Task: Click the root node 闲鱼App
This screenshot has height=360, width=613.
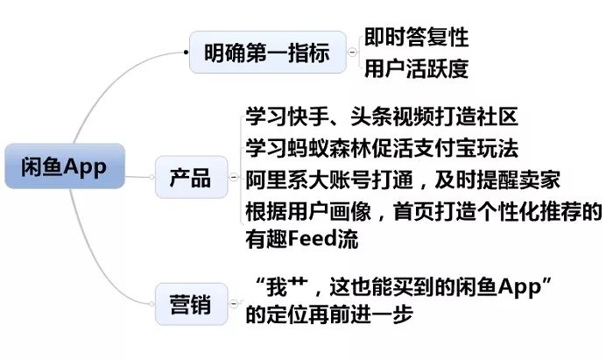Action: [65, 166]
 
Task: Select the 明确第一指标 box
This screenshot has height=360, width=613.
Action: [268, 52]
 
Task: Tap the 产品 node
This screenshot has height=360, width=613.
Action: [191, 177]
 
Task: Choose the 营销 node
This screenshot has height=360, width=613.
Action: [191, 304]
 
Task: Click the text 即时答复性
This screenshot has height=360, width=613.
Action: [416, 37]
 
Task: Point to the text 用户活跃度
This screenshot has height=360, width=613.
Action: [416, 68]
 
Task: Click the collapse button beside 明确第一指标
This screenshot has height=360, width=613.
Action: [352, 52]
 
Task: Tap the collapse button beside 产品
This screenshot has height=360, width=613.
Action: [234, 177]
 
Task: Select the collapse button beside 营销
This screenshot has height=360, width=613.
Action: [234, 303]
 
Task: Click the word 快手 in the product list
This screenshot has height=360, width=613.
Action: [308, 116]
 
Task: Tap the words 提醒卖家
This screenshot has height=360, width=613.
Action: [518, 180]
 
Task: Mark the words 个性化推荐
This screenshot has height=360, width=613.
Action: [529, 211]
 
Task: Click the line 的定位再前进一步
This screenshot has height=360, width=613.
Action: [329, 314]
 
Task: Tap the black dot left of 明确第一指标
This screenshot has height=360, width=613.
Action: [186, 52]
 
